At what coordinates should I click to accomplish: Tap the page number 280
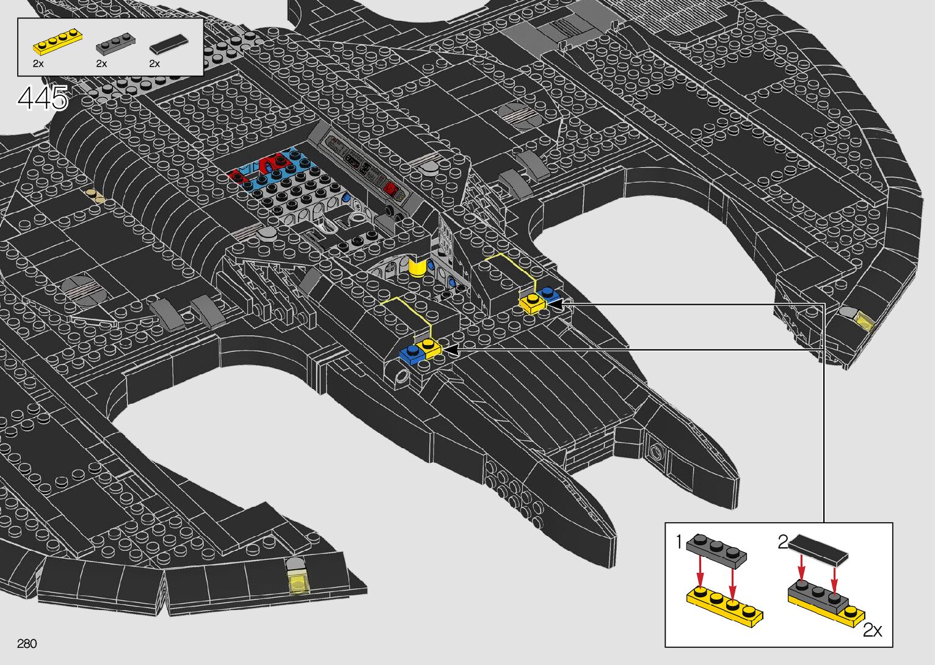click(x=27, y=644)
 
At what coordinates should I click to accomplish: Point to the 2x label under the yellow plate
click(x=38, y=64)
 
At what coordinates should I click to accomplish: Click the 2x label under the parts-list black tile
click(x=155, y=64)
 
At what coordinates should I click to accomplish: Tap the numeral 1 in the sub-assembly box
click(x=679, y=542)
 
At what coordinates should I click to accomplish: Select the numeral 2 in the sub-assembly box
click(x=783, y=542)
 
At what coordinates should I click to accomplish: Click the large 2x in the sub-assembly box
click(x=872, y=630)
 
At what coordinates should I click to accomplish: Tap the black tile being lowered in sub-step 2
click(x=818, y=548)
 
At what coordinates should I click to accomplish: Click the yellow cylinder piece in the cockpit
click(x=418, y=267)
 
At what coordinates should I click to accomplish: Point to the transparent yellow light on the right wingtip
click(x=863, y=320)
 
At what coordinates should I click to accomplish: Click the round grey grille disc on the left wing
click(x=80, y=287)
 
